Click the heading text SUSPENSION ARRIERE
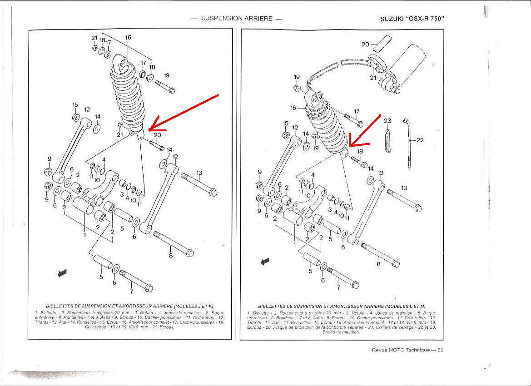(x=237, y=19)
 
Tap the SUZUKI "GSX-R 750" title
(x=412, y=19)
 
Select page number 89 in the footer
(x=440, y=350)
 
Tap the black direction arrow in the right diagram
(x=264, y=262)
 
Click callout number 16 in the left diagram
(x=128, y=38)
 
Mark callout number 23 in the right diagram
(x=387, y=121)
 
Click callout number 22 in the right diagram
(x=420, y=140)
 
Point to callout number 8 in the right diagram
(x=378, y=264)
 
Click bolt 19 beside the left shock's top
(x=164, y=85)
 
